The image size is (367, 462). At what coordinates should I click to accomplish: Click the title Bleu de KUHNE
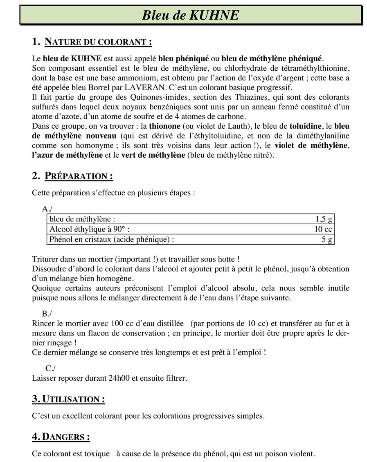click(x=190, y=15)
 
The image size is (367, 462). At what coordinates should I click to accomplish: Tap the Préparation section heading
click(x=72, y=176)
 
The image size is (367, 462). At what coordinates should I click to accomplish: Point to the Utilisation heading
click(x=68, y=400)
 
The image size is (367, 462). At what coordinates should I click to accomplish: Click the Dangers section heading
click(x=61, y=437)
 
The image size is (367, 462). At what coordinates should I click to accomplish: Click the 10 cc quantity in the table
click(x=323, y=229)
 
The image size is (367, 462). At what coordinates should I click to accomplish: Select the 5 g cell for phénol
click(x=327, y=239)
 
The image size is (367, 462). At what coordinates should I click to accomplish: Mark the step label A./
click(x=47, y=209)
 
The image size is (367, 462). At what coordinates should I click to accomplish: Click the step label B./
click(x=47, y=314)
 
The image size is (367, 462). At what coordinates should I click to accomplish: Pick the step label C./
click(x=50, y=368)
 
